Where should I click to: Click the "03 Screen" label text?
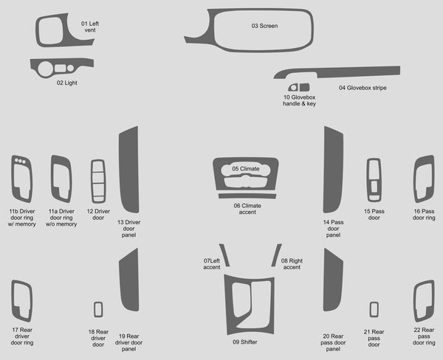click(x=264, y=26)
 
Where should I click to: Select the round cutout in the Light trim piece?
click(x=45, y=69)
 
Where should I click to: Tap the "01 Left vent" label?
click(x=90, y=27)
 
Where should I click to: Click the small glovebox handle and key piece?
click(x=298, y=87)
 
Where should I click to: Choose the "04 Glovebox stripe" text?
click(x=363, y=88)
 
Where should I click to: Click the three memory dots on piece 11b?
click(x=20, y=161)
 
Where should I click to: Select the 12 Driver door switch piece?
click(x=98, y=181)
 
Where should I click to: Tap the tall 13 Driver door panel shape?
click(x=128, y=170)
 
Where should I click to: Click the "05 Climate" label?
click(x=246, y=169)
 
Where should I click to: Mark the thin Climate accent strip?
click(x=247, y=196)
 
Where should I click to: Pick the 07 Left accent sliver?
click(x=224, y=255)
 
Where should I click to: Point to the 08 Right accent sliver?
click(x=276, y=255)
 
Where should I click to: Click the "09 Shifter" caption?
click(x=244, y=342)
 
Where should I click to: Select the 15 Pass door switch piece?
click(x=374, y=180)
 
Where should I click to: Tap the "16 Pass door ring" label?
click(x=424, y=215)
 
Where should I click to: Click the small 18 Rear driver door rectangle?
click(x=98, y=309)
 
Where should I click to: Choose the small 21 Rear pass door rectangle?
click(x=374, y=309)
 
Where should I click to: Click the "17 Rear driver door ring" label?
click(x=22, y=336)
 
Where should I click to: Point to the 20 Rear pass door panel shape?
click(x=333, y=280)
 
